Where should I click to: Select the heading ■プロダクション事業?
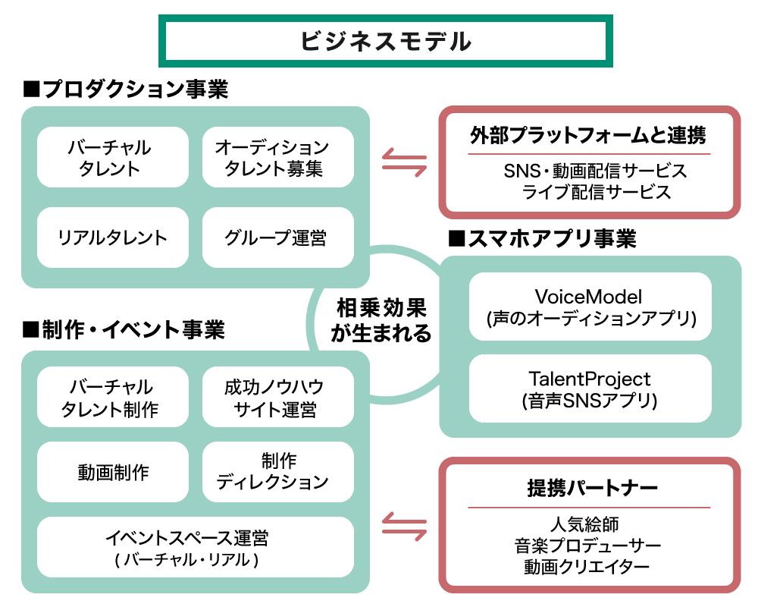[x=126, y=90]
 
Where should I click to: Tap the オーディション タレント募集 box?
[x=277, y=157]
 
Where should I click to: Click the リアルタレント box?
[x=112, y=237]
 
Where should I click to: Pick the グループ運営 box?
[x=277, y=237]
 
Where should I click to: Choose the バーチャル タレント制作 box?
[x=112, y=398]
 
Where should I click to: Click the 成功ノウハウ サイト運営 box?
[x=277, y=398]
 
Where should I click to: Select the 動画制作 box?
[x=112, y=472]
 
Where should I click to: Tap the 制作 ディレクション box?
[x=277, y=472]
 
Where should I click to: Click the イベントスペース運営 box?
[x=195, y=547]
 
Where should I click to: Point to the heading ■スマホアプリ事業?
[x=542, y=239]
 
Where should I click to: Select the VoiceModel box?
[x=590, y=306]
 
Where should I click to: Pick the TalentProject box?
[x=590, y=388]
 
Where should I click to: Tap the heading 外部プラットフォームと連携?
[x=588, y=136]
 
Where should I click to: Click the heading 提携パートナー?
[x=589, y=488]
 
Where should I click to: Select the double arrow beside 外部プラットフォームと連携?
[x=404, y=162]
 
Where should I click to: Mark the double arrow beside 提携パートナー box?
[x=404, y=525]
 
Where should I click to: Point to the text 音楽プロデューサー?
[x=588, y=546]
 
